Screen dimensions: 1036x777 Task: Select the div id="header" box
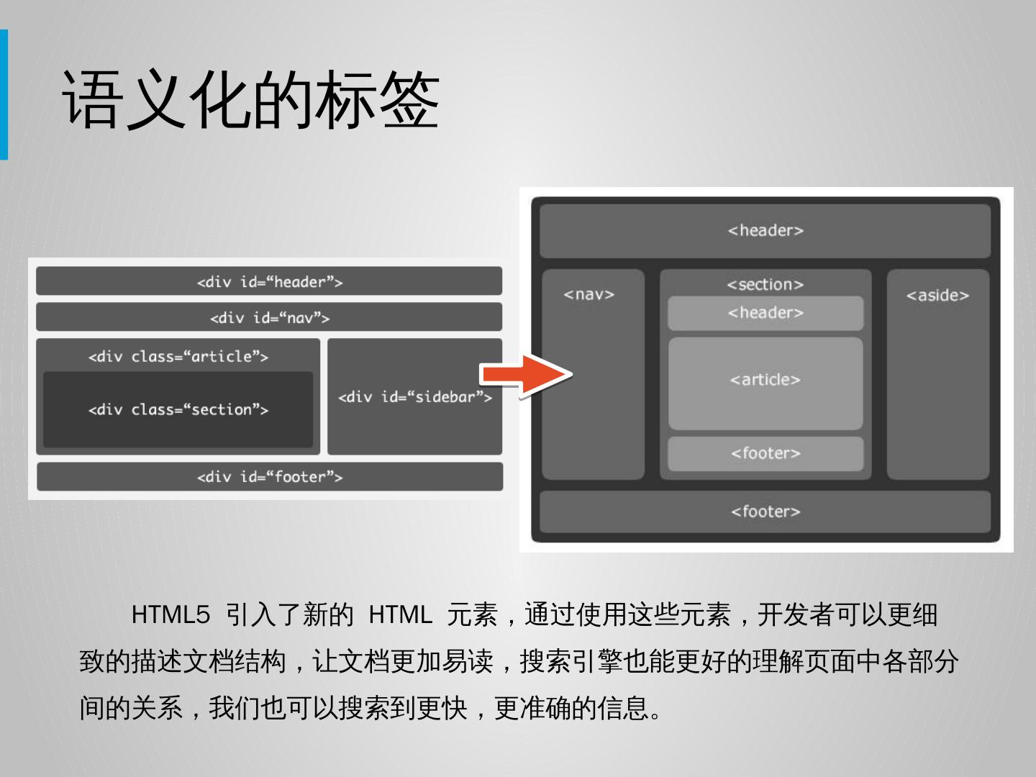(x=269, y=281)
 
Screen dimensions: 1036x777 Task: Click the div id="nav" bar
(x=269, y=317)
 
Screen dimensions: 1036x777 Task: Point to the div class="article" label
(x=178, y=356)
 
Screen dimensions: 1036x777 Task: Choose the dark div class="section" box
(x=178, y=409)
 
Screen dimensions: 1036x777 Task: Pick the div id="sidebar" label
(x=414, y=397)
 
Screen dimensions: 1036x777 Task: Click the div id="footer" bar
(x=270, y=476)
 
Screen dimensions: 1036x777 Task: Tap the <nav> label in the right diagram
(x=589, y=294)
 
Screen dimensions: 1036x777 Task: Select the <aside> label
(x=937, y=295)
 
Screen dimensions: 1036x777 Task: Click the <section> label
(x=765, y=284)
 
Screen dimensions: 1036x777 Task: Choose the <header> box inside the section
(x=765, y=313)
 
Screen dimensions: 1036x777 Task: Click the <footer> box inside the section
(x=765, y=453)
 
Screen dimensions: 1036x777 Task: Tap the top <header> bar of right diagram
(x=765, y=230)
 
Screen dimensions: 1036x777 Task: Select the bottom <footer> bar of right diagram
(x=765, y=512)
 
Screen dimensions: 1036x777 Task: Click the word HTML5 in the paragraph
(x=171, y=615)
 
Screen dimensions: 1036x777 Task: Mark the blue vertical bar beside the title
(x=4, y=94)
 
